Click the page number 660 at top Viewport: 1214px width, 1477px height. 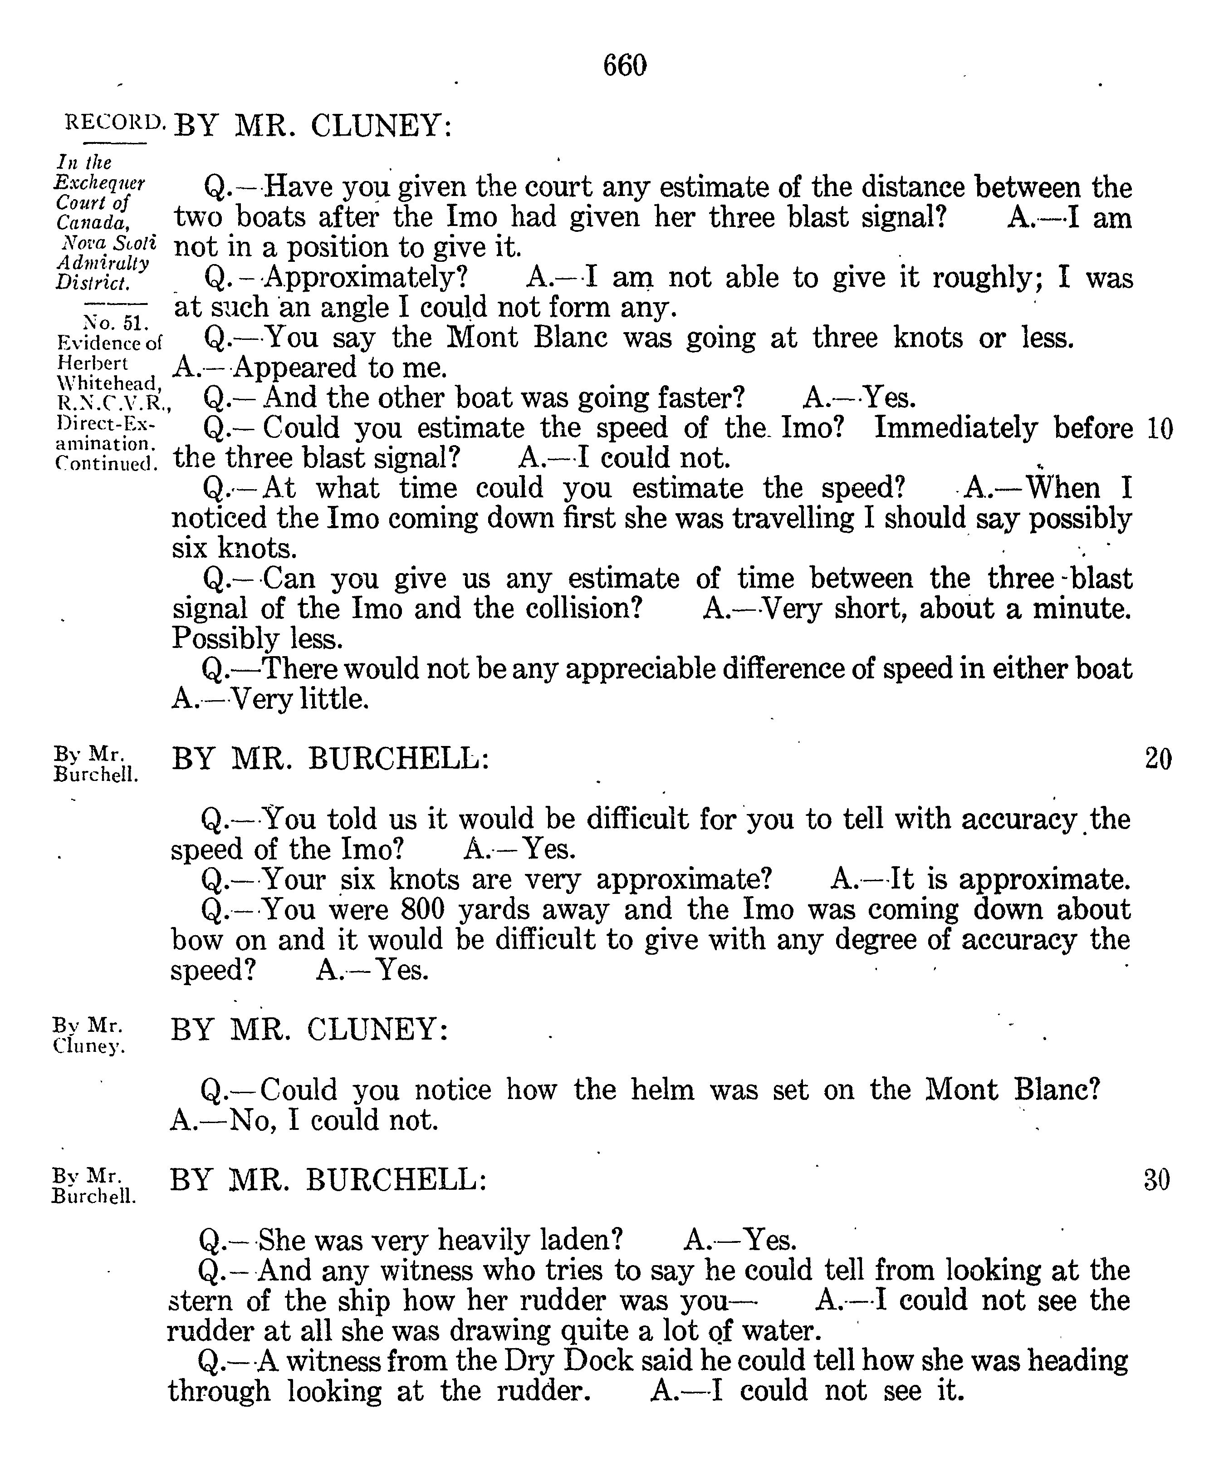[x=625, y=66]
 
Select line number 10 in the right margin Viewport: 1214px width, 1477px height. [x=1160, y=428]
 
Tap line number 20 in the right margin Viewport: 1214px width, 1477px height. [x=1158, y=758]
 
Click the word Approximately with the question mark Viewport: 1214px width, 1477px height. [x=365, y=278]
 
